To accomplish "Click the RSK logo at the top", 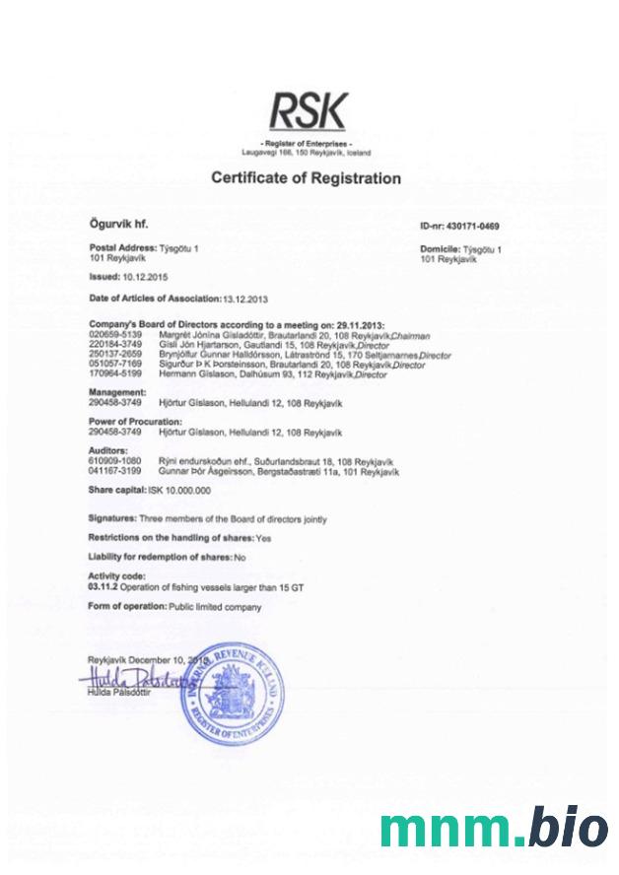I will [x=309, y=111].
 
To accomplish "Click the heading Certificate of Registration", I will [x=307, y=178].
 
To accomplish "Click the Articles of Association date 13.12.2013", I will [x=244, y=298].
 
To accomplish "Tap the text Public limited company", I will [x=216, y=607].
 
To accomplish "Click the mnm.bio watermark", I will [x=495, y=828].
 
